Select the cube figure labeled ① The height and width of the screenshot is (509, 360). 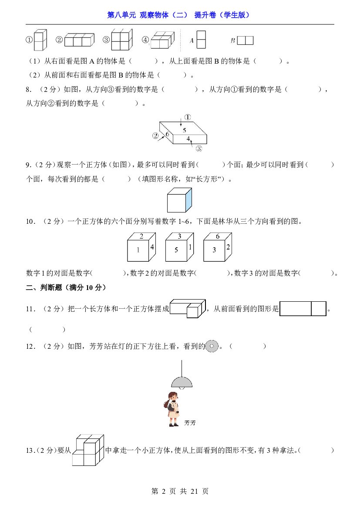(x=40, y=40)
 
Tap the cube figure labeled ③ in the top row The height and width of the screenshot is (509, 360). (x=122, y=40)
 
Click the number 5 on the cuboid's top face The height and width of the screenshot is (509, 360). (x=185, y=130)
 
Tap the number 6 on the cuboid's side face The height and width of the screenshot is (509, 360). (x=167, y=134)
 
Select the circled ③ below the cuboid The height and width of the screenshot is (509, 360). (x=199, y=148)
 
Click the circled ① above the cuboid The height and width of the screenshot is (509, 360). (x=188, y=117)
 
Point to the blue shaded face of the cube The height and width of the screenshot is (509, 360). (x=188, y=200)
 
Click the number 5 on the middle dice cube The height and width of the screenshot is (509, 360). (x=176, y=250)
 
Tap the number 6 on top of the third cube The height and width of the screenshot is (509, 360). (x=218, y=236)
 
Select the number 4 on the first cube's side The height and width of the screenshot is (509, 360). (x=152, y=247)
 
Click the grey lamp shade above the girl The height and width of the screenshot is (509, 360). (x=182, y=383)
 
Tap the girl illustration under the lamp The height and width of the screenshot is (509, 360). (x=172, y=409)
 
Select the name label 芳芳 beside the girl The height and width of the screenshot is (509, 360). (x=190, y=423)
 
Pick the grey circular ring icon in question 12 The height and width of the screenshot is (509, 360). (x=212, y=346)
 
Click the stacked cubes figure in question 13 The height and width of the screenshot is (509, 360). (x=88, y=450)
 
